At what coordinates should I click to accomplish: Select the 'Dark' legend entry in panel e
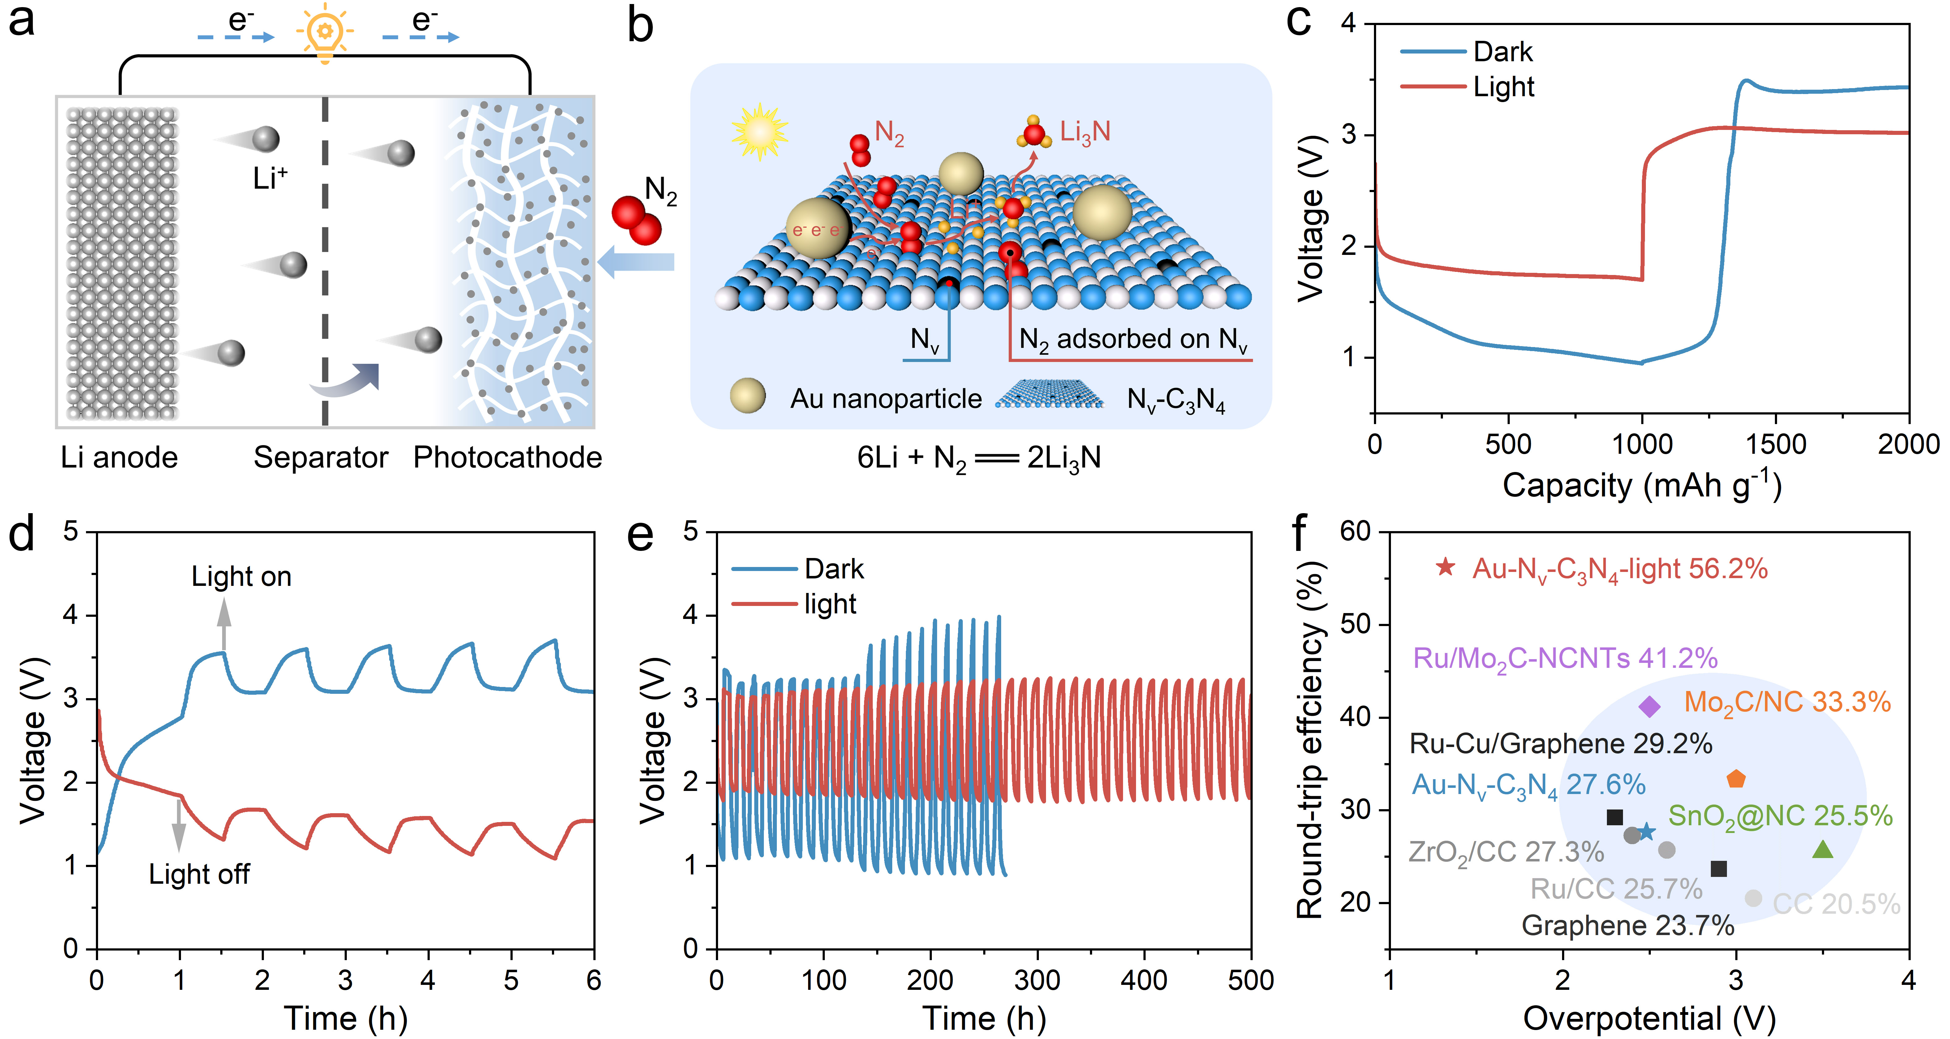point(833,568)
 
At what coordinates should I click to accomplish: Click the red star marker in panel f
point(1445,567)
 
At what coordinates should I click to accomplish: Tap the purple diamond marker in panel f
point(1649,706)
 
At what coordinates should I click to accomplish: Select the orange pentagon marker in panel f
point(1736,779)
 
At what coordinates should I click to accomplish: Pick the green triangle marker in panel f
point(1823,850)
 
